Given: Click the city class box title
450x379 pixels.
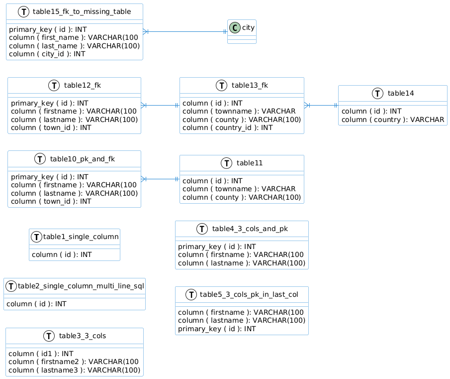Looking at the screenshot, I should pyautogui.click(x=248, y=27).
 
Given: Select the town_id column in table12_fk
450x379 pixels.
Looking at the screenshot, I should pyautogui.click(x=51, y=127).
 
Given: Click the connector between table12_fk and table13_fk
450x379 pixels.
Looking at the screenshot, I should pyautogui.click(x=160, y=105).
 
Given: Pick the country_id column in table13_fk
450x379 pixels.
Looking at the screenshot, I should pyautogui.click(x=227, y=127).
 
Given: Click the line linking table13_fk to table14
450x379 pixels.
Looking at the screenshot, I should pyautogui.click(x=321, y=105).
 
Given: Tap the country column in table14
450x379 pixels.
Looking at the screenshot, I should pyautogui.click(x=392, y=120).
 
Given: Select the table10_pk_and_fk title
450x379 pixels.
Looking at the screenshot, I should pyautogui.click(x=83, y=159).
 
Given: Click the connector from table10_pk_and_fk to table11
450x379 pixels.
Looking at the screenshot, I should pyautogui.click(x=160, y=179).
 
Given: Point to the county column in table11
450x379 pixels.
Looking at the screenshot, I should pyautogui.click(x=242, y=197).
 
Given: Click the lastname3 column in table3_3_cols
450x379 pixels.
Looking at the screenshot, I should pyautogui.click(x=75, y=371).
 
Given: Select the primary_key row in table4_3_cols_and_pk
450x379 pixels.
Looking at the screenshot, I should pyautogui.click(x=217, y=247).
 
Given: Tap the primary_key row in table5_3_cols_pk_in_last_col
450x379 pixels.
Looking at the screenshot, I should pyautogui.click(x=217, y=329).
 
